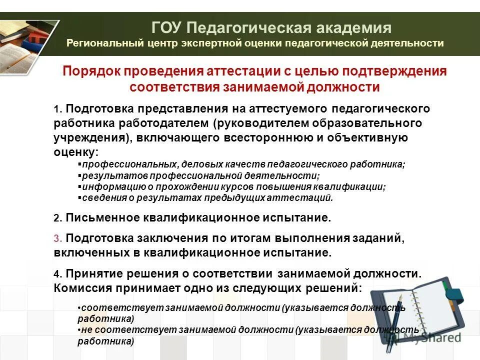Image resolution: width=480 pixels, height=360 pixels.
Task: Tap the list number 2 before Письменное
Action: pos(57,218)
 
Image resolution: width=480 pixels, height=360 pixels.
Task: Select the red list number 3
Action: pos(57,239)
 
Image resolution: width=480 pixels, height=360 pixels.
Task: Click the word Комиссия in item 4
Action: pos(83,288)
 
